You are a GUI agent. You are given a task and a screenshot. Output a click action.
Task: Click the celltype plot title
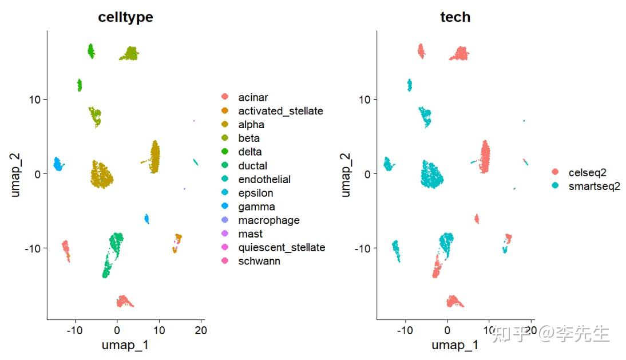pos(125,17)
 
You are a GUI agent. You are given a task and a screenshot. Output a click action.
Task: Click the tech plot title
pos(455,17)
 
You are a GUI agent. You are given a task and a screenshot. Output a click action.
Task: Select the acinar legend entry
pos(253,97)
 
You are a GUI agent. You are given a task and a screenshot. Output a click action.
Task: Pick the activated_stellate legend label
pos(280,111)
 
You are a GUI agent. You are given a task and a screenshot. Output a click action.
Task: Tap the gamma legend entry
pos(256,207)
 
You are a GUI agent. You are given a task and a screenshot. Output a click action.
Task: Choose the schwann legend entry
pos(259,261)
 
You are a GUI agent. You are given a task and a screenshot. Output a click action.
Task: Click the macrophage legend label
pos(268,220)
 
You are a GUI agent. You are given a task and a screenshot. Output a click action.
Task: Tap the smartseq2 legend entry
pos(593,186)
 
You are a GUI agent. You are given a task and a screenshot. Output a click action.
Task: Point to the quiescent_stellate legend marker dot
pos(225,247)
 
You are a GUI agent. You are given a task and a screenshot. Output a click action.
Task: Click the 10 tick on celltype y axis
pos(35,99)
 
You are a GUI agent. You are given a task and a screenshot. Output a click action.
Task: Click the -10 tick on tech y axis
pos(363,248)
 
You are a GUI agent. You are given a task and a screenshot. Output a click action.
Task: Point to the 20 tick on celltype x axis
pos(201,330)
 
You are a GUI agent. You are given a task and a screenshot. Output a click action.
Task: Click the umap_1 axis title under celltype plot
pos(125,345)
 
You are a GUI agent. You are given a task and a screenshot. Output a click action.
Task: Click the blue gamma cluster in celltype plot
pos(58,164)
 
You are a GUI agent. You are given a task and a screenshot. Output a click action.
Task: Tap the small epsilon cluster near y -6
pos(146,219)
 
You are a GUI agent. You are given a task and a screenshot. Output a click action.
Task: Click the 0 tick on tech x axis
pos(447,330)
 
